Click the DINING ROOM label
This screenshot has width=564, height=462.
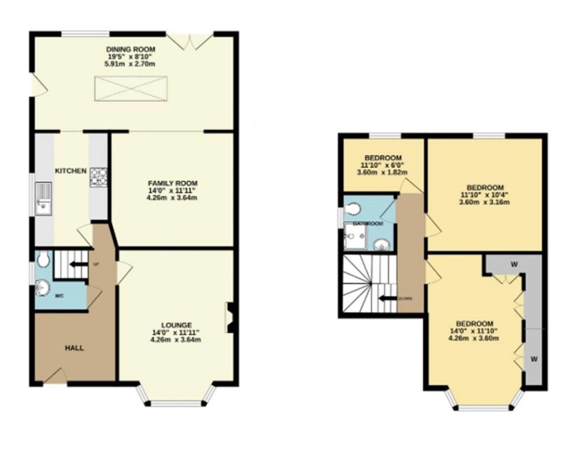pos(131,49)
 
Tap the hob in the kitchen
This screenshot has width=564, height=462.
pos(98,177)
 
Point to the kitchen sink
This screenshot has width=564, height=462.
pos(43,198)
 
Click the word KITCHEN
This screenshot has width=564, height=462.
pos(70,171)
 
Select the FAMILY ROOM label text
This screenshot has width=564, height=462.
pos(172,183)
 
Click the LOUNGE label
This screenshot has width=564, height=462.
pos(176,325)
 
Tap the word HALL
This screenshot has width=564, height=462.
pos(75,348)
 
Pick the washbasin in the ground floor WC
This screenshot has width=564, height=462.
pos(42,288)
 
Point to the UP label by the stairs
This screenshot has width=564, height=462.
pos(96,264)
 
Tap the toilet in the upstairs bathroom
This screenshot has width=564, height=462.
pos(352,208)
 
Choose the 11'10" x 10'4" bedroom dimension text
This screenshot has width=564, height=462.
pos(484,194)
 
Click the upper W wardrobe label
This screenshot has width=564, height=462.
pos(514,264)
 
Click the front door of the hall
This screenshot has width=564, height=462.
pos(55,377)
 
